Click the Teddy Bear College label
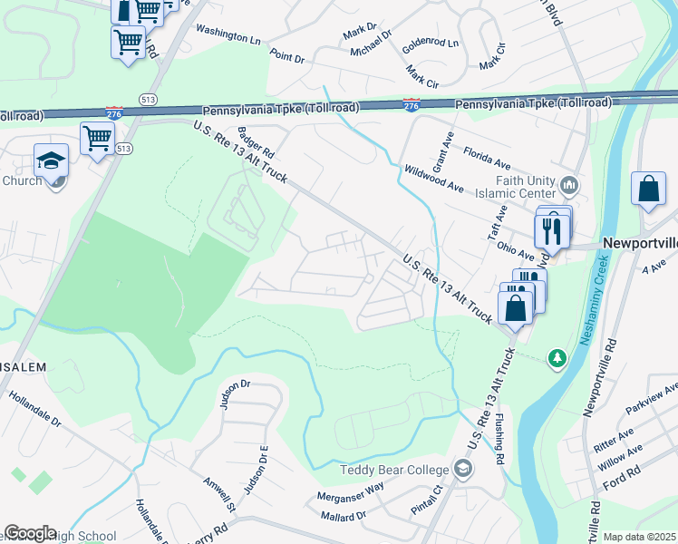point(394,470)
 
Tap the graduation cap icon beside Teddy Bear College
point(463,468)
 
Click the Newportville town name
point(639,245)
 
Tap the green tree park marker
point(557,359)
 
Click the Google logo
point(30,533)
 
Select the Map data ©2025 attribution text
point(640,537)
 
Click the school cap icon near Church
point(51,161)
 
